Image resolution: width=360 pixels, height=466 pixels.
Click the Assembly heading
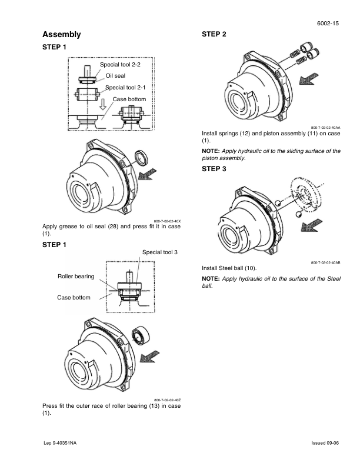pos(62,35)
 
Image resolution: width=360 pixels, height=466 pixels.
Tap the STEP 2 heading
pos(214,35)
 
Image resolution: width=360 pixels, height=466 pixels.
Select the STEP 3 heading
pos(214,169)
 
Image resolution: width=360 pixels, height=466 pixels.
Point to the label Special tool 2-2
pos(120,64)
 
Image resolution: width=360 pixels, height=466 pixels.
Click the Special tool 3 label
pos(160,252)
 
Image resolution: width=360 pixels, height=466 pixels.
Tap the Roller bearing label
pos(75,276)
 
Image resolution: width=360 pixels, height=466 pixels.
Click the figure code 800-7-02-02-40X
pos(168,219)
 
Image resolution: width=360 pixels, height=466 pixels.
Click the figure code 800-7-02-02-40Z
pos(168,400)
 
